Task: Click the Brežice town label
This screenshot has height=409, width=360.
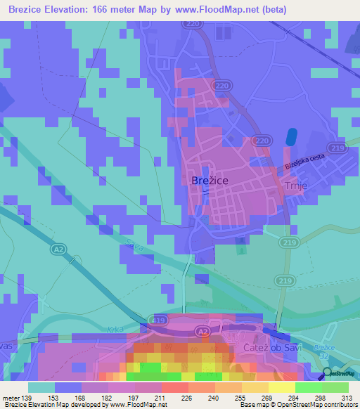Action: pyautogui.click(x=209, y=181)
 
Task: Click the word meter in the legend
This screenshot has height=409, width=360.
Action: pyautogui.click(x=11, y=398)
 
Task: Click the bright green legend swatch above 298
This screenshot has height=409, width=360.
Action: pyautogui.click(x=310, y=387)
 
